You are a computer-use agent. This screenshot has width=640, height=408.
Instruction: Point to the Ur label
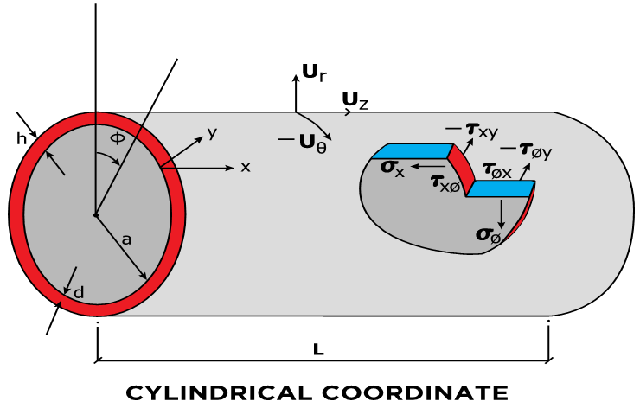coord(313,73)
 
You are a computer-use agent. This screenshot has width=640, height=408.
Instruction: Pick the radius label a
coord(126,239)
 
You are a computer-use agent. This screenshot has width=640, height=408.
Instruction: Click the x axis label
coord(246,166)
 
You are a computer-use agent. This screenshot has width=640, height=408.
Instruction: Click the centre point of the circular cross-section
coord(95,214)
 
